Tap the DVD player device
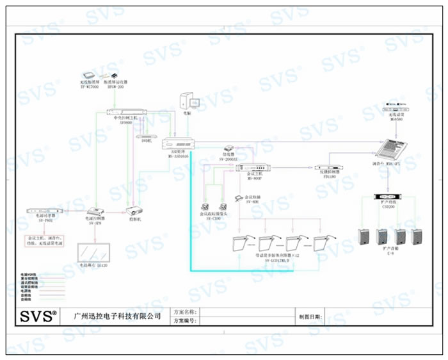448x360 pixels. tap(147, 136)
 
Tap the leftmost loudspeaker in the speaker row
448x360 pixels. tap(365, 239)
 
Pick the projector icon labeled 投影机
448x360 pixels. tap(134, 210)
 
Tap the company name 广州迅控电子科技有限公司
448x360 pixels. tap(118, 316)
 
